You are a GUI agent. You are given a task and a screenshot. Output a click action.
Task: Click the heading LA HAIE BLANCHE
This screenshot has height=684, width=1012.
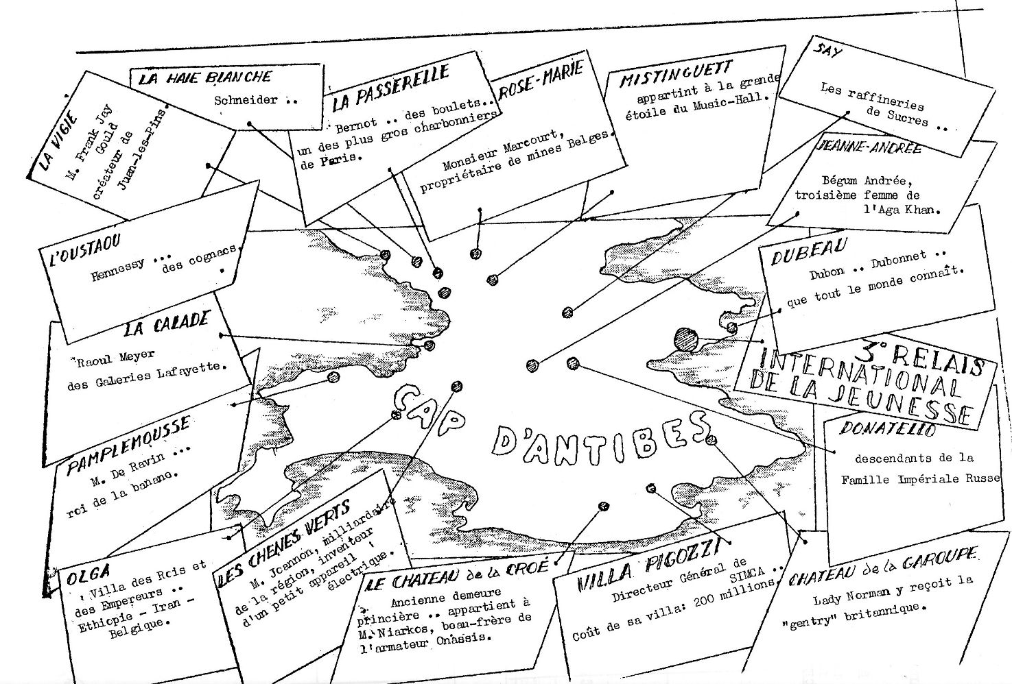[x=205, y=77]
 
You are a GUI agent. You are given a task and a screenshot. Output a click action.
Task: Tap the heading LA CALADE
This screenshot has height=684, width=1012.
[x=166, y=325]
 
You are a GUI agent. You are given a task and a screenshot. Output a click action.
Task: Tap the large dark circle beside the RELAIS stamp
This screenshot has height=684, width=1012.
[x=686, y=339]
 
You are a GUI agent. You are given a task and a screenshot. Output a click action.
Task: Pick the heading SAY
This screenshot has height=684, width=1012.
[x=827, y=53]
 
